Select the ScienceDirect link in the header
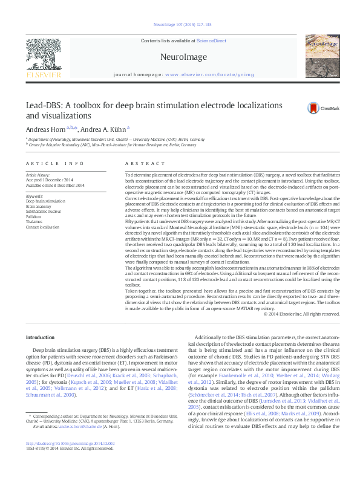[211, 41]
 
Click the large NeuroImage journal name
[180, 57]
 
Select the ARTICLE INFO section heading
[55, 164]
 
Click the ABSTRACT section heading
[140, 164]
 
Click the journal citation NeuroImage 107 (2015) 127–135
[180, 25]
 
